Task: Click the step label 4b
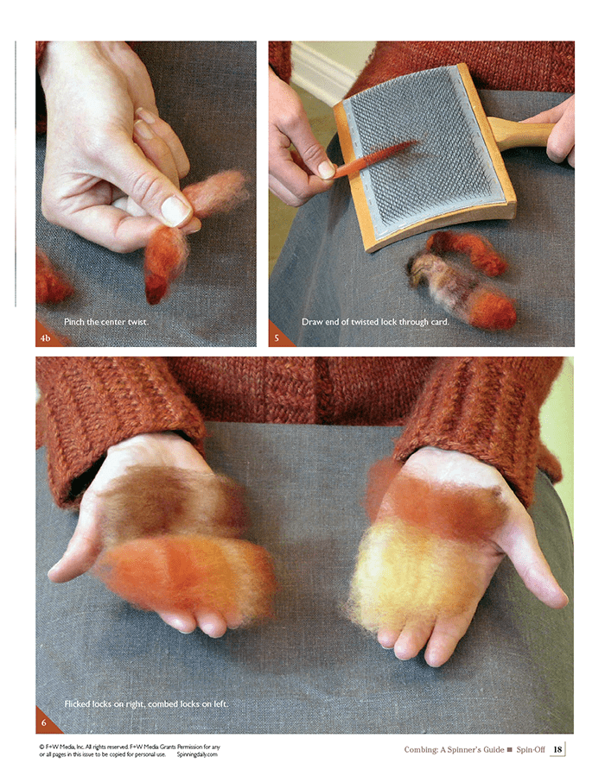coord(45,338)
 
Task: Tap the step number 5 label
coord(277,338)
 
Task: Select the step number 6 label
coord(44,722)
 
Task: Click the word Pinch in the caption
coord(74,322)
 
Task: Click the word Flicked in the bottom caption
coord(79,703)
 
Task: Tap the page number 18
coord(557,748)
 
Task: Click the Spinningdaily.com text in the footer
coord(197,754)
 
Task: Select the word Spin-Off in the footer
coord(531,749)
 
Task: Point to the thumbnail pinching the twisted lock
coord(175,211)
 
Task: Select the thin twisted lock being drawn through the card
coord(376,158)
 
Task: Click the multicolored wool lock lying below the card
coord(461,290)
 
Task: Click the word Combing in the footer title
coord(420,749)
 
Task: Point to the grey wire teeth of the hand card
coord(424,149)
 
